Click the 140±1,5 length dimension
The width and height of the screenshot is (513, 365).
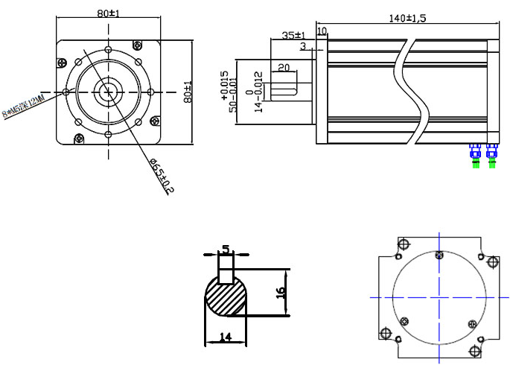coord(407,19)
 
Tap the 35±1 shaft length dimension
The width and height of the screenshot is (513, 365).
coord(293,35)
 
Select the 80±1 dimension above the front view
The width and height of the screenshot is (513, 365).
coord(109,13)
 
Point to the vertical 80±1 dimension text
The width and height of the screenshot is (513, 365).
coord(189,91)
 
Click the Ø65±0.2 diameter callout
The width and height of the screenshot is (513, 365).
coord(161,177)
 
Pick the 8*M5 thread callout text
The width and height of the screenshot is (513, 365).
coord(25,107)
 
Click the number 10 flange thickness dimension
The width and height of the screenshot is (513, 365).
coord(322,31)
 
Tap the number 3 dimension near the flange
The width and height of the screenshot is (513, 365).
coord(303,47)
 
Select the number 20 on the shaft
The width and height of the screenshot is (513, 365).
coord(283,68)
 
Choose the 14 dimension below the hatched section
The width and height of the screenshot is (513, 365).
coord(225,337)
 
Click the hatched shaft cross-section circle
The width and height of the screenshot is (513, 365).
coord(227,296)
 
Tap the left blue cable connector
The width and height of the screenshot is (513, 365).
coord(475,154)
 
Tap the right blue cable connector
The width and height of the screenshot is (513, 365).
coord(491,154)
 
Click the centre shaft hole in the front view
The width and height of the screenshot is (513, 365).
coord(109,91)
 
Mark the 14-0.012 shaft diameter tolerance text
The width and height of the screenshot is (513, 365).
coord(258,91)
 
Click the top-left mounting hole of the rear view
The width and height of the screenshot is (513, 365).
coord(404,244)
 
